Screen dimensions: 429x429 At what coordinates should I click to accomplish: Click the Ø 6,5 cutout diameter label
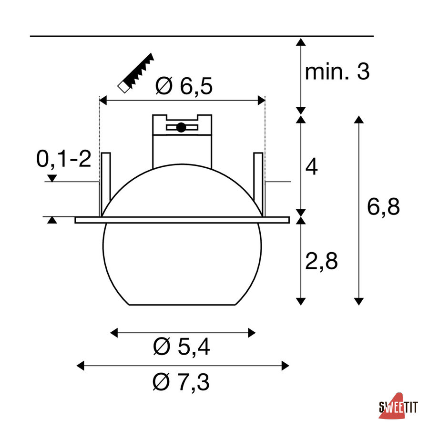click(184, 86)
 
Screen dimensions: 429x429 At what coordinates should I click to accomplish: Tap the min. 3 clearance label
click(337, 71)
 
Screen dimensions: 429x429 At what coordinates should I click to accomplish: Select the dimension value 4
click(311, 166)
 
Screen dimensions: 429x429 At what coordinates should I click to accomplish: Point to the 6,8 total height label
click(383, 206)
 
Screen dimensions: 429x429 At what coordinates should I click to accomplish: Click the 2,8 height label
click(321, 261)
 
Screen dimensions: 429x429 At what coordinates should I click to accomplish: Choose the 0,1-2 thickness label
click(64, 159)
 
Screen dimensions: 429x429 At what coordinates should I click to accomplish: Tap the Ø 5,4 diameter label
click(182, 347)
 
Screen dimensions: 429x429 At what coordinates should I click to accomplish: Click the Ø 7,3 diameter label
click(181, 382)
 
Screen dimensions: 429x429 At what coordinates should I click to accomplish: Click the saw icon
click(136, 73)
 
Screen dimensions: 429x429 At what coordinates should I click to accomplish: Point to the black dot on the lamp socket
click(181, 127)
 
